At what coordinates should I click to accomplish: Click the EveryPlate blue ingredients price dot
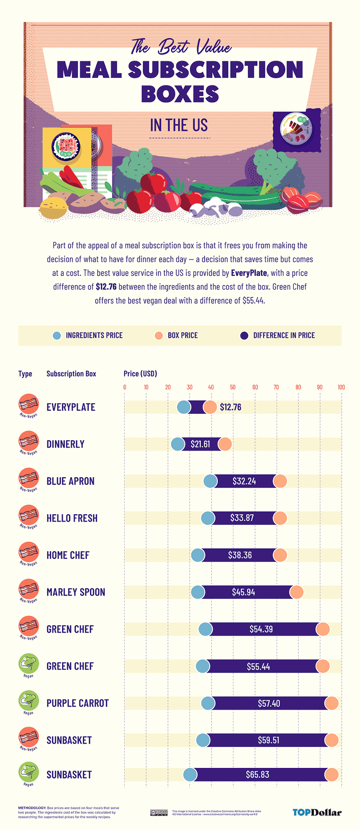184,407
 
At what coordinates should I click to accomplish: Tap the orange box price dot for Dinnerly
225,444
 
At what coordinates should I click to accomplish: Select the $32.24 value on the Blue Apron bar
244,481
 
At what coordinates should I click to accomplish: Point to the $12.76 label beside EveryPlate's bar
230,407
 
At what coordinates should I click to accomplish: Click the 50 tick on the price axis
233,387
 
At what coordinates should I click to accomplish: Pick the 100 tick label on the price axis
341,387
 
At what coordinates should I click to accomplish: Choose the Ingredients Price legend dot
57,336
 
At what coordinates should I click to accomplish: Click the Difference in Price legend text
284,336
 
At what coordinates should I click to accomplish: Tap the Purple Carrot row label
77,703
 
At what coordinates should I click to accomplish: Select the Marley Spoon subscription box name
76,592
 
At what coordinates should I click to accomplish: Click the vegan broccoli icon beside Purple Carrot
28,701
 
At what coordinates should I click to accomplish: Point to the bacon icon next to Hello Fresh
28,516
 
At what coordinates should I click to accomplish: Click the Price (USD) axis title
140,373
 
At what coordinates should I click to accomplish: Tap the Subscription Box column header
71,373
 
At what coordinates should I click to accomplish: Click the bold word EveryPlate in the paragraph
249,273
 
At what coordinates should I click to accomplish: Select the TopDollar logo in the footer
317,812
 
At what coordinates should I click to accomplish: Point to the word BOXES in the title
180,94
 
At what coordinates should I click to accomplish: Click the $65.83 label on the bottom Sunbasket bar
257,774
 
